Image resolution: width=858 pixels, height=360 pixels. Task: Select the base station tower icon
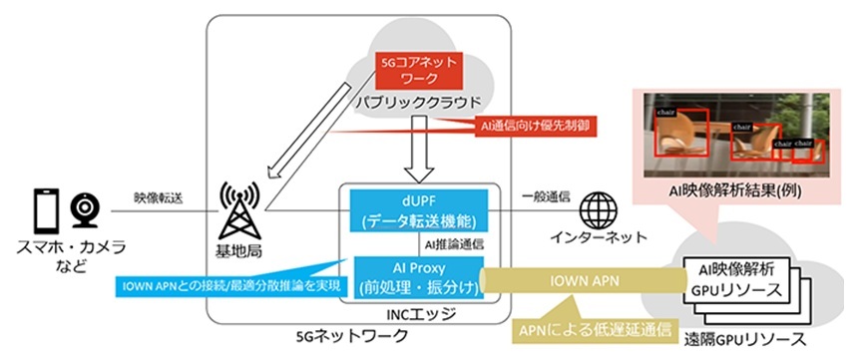point(237,207)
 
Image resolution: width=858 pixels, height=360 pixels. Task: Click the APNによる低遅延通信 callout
point(581,326)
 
